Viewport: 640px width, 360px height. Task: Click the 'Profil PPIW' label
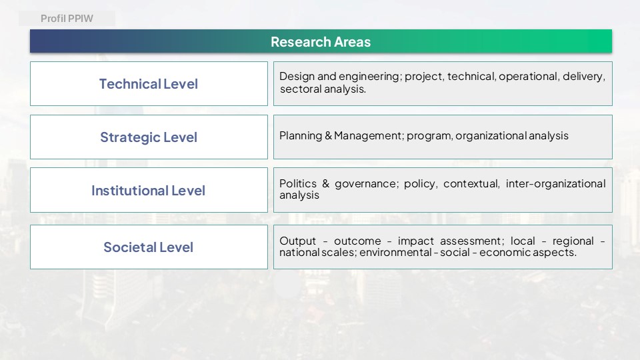[67, 19]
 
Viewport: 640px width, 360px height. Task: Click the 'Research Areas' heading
[321, 41]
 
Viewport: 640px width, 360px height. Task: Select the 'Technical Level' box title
[149, 84]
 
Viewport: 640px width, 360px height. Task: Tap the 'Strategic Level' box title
[149, 137]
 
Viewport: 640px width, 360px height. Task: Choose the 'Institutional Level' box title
[148, 190]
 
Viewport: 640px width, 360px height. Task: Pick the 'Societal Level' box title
[148, 247]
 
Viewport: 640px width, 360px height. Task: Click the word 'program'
[429, 136]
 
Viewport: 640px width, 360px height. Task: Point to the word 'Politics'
[298, 184]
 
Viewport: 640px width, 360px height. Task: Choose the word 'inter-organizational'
[555, 184]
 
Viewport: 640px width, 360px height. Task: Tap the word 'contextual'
[471, 184]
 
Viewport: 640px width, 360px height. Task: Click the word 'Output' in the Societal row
[297, 241]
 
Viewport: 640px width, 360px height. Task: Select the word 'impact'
[415, 241]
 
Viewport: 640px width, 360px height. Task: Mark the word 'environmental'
[395, 252]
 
